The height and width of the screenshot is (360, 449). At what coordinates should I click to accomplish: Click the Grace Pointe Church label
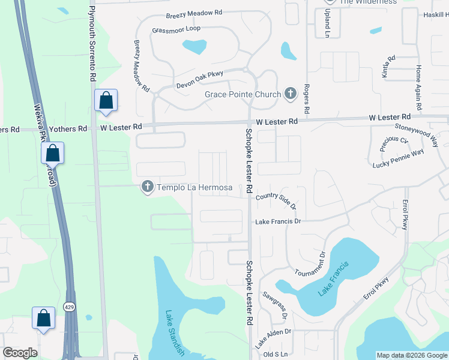pyautogui.click(x=243, y=94)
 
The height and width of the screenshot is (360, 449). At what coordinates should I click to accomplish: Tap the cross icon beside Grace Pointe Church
pyautogui.click(x=291, y=94)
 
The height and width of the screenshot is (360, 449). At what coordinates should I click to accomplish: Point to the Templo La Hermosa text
pyautogui.click(x=194, y=188)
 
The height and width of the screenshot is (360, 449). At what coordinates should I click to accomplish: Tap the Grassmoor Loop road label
pyautogui.click(x=176, y=29)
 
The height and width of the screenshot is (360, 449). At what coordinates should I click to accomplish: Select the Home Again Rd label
pyautogui.click(x=418, y=82)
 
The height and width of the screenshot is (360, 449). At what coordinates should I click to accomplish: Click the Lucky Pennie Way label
pyautogui.click(x=398, y=158)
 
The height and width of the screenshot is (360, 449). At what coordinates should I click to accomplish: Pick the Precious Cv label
pyautogui.click(x=394, y=144)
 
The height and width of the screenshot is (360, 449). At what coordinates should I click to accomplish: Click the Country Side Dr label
pyautogui.click(x=276, y=200)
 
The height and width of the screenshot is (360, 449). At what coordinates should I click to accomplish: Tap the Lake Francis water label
pyautogui.click(x=333, y=282)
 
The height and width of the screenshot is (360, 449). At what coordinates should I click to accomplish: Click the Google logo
pyautogui.click(x=20, y=353)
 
